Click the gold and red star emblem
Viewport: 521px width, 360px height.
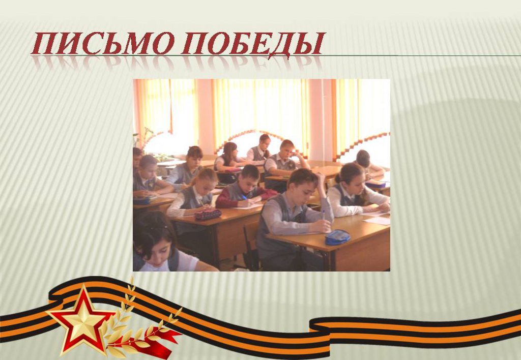coord(81,319)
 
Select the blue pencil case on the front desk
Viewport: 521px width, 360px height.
coord(337,237)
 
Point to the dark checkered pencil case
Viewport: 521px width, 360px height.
coord(208,214)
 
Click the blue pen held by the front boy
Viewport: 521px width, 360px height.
coord(323,215)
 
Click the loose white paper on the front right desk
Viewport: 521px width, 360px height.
coord(378,221)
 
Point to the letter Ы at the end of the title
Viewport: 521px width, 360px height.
coord(309,44)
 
